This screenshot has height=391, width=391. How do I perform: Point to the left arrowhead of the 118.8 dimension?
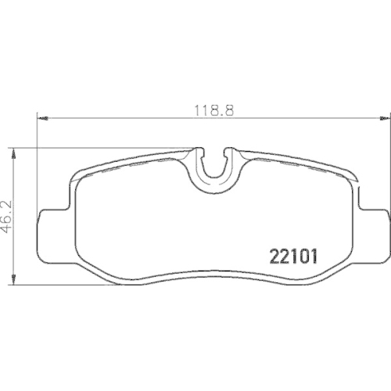(x=41, y=119)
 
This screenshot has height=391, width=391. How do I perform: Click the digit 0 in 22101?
(x=301, y=256)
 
